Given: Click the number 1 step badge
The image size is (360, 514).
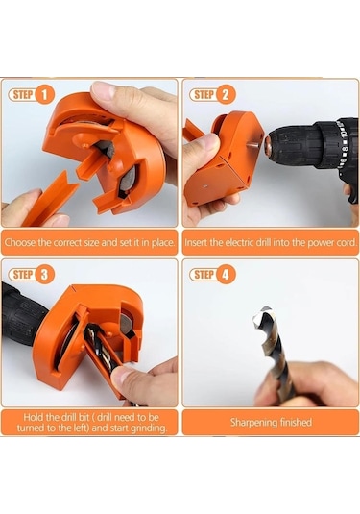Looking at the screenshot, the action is pos(44,95).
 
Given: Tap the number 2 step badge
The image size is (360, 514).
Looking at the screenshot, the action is pos(226,95).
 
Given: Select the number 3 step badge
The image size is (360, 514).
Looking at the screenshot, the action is pos(44,275).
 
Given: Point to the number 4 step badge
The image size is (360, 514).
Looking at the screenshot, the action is pos(226,275).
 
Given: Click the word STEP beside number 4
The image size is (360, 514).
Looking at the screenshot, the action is pos(204,275).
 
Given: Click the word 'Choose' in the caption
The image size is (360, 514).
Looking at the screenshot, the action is pos(20,243).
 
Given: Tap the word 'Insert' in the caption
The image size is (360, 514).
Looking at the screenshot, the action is pos(196,243).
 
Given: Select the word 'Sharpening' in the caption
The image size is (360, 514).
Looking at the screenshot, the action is pos(250,422).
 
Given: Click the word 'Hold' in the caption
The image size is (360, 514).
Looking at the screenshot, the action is pos(33,417).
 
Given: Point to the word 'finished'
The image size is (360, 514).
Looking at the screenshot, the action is pos(292,422).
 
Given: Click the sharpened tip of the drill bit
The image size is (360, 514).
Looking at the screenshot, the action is pos(260,314).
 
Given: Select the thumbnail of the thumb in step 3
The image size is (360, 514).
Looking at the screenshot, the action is pos(121,375).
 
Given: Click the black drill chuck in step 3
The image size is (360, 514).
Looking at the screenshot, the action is pos(20,314).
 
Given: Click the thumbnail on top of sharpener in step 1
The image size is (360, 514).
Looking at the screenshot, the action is pos(102,90).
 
